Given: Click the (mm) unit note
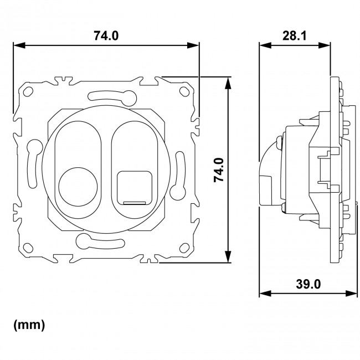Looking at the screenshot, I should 29,326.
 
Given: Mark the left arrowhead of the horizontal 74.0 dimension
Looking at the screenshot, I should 16,46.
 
